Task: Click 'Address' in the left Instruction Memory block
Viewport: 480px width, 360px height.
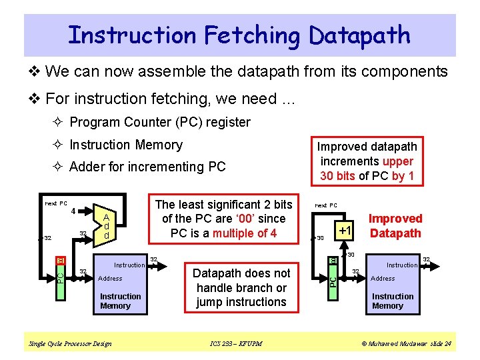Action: point(110,279)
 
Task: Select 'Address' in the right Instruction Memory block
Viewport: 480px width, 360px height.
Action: point(383,279)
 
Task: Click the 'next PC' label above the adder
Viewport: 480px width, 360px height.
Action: point(55,203)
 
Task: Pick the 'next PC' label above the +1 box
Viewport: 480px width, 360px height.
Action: point(326,205)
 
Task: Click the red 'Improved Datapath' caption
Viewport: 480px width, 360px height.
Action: point(395,225)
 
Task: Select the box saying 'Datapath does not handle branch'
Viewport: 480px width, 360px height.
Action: point(241,287)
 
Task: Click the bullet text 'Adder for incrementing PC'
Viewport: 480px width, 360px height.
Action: point(147,167)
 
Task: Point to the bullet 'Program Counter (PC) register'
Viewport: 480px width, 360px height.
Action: point(159,122)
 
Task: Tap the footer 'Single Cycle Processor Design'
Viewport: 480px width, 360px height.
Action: point(71,344)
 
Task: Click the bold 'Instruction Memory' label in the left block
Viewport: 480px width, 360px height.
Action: point(120,301)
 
